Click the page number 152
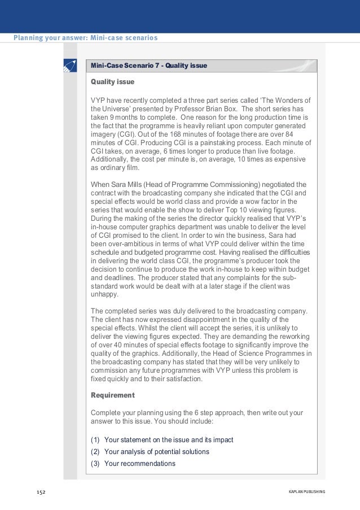(41, 492)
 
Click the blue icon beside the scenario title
(70, 66)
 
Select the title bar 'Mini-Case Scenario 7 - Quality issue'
(149, 66)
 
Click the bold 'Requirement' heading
(113, 395)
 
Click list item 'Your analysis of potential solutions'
(157, 452)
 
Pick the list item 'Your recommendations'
(140, 464)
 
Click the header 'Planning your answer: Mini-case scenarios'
(85, 38)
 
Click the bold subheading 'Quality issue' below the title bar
(112, 82)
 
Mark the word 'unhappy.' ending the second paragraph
(105, 294)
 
